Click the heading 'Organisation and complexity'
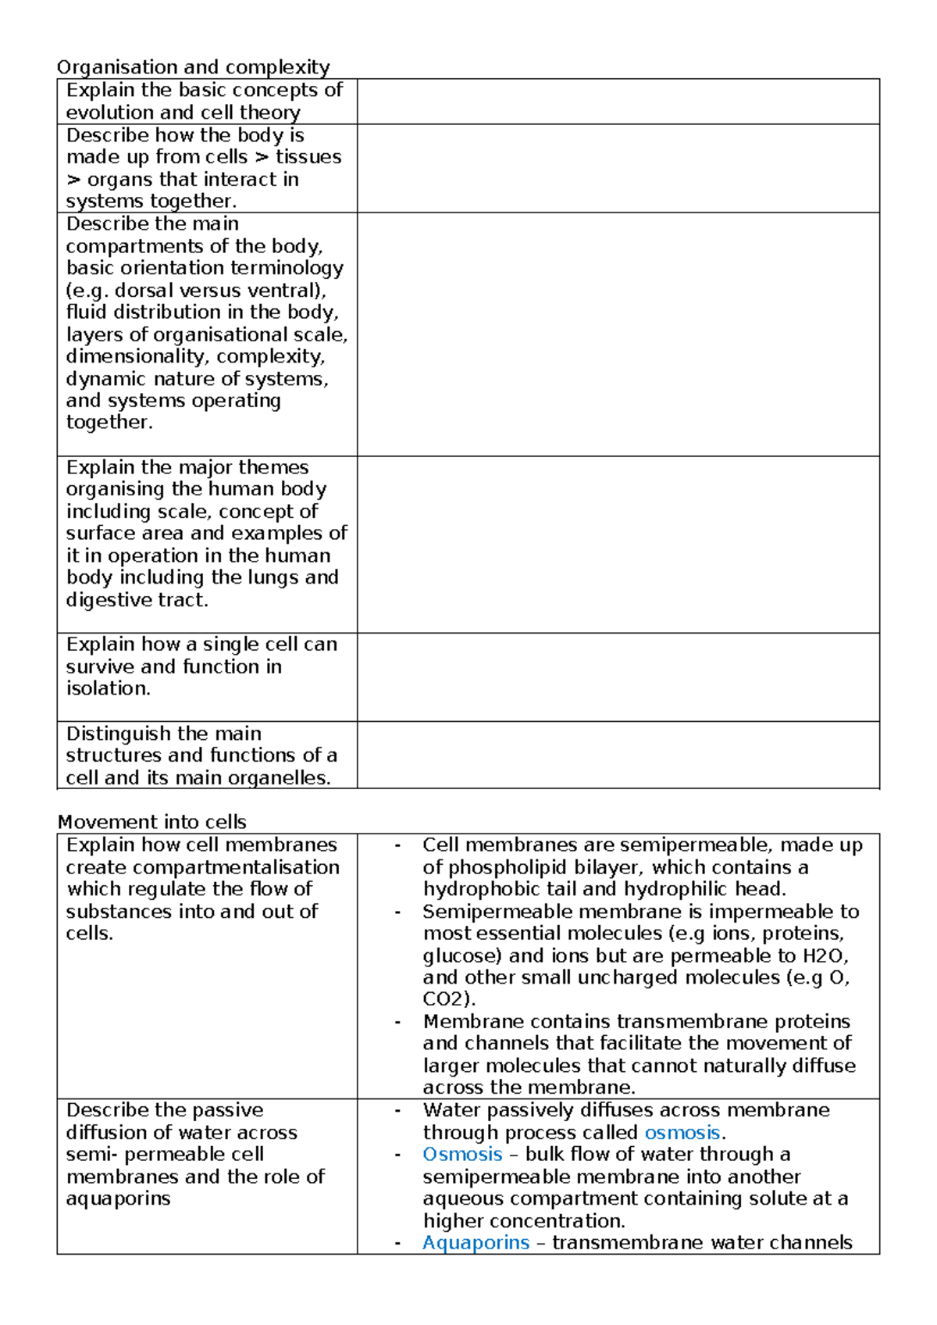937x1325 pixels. (194, 67)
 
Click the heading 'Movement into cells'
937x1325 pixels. (152, 822)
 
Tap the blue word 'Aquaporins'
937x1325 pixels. (476, 1242)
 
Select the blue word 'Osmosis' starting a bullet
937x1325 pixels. (462, 1154)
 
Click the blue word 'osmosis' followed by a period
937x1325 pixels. (682, 1132)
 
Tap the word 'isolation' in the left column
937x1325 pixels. (106, 688)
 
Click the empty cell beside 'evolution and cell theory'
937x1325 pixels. (618, 102)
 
